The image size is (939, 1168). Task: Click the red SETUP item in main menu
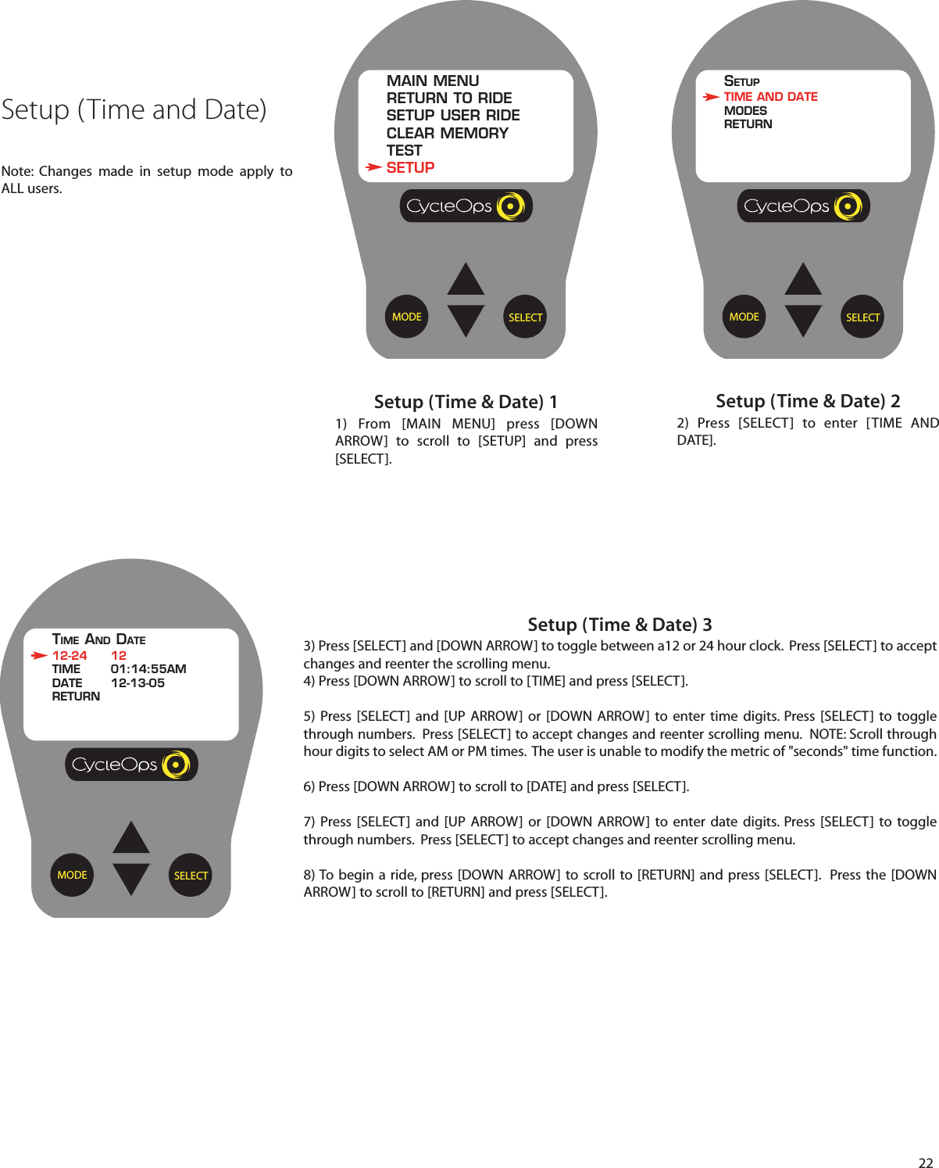click(x=410, y=167)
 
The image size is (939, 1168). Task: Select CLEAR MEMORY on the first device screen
click(x=447, y=133)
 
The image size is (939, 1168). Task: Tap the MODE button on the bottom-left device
click(x=72, y=875)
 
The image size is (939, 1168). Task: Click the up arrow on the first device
click(x=466, y=280)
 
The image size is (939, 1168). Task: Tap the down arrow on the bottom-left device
click(x=131, y=878)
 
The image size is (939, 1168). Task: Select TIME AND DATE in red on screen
click(x=770, y=97)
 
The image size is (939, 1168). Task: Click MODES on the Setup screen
click(x=745, y=111)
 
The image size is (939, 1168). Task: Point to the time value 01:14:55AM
click(x=148, y=669)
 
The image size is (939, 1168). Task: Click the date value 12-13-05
click(x=137, y=683)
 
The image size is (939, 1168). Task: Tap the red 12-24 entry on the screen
click(x=70, y=656)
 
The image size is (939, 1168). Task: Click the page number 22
click(x=925, y=1162)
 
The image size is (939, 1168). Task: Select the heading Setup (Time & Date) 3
click(x=619, y=625)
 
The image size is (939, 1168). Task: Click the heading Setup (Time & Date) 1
click(x=466, y=402)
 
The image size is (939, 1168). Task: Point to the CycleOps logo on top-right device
click(x=803, y=206)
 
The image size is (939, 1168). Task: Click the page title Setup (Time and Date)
click(x=134, y=109)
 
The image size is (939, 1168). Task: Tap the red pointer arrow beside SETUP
click(x=374, y=167)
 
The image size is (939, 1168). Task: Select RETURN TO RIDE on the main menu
click(x=449, y=99)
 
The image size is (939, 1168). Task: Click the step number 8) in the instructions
click(x=309, y=875)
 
